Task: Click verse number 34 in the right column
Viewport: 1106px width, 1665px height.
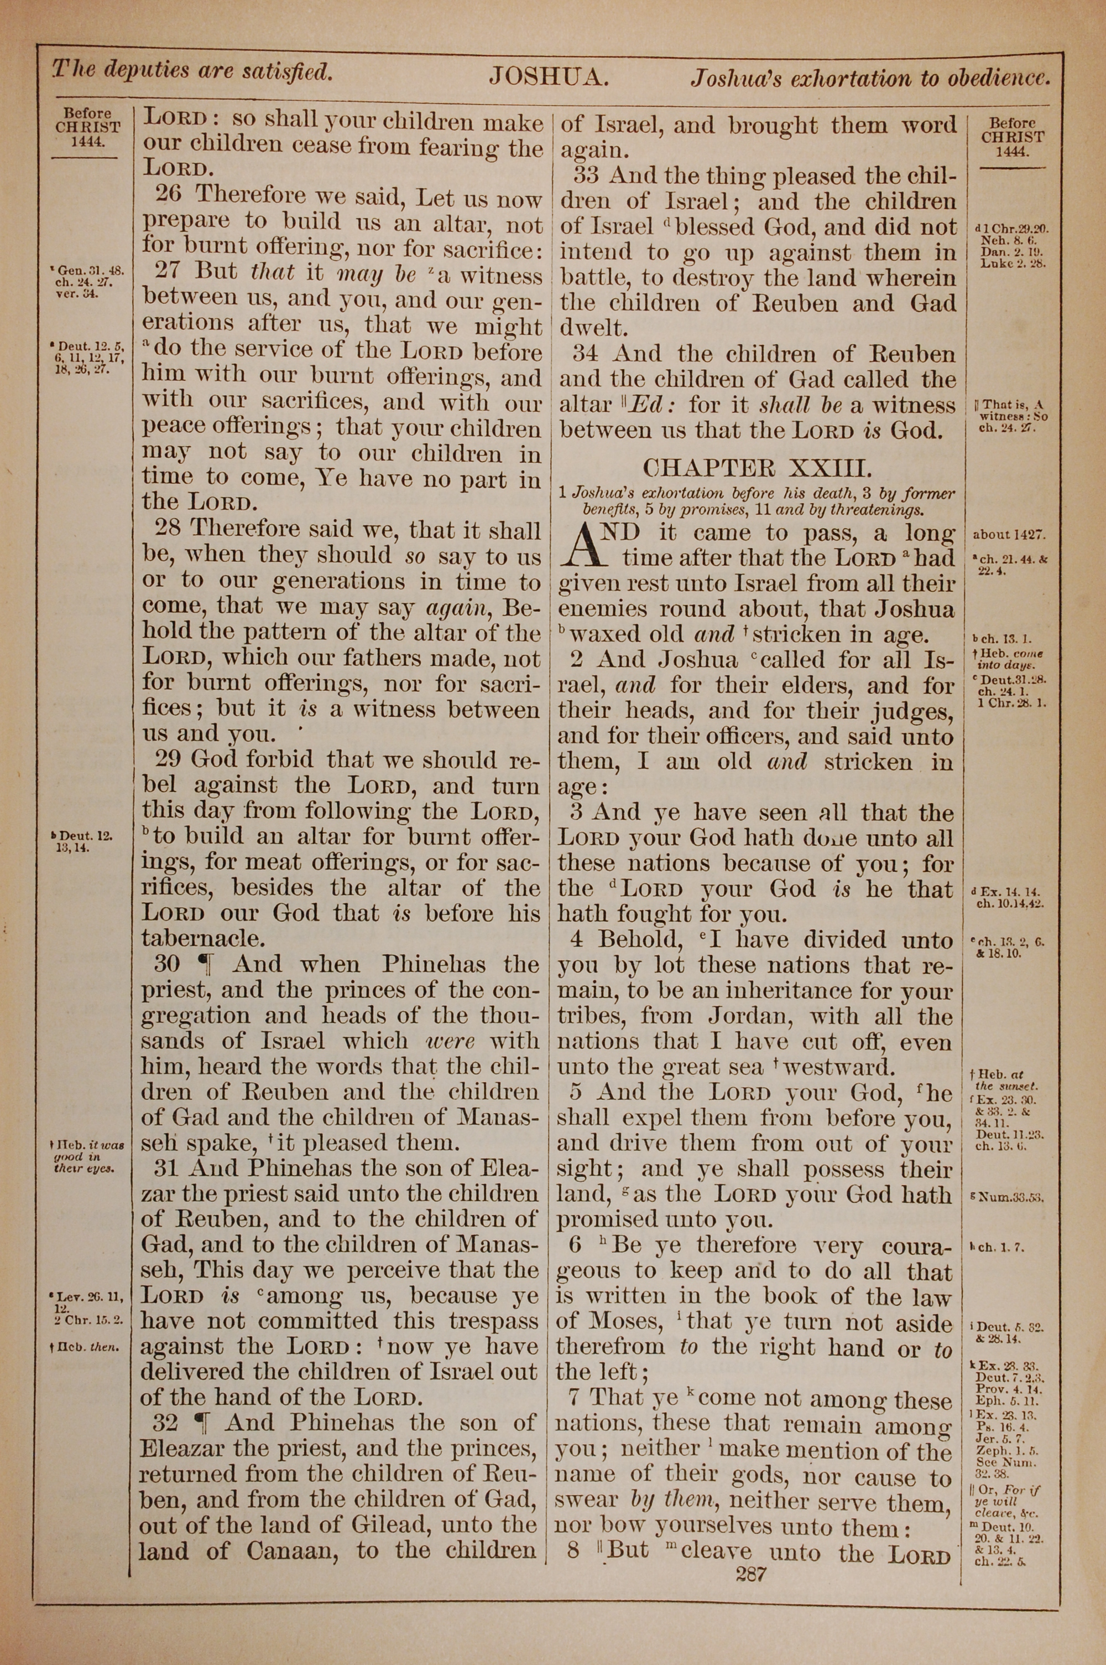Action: (x=587, y=354)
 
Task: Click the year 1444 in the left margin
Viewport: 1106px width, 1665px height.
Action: (x=87, y=141)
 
